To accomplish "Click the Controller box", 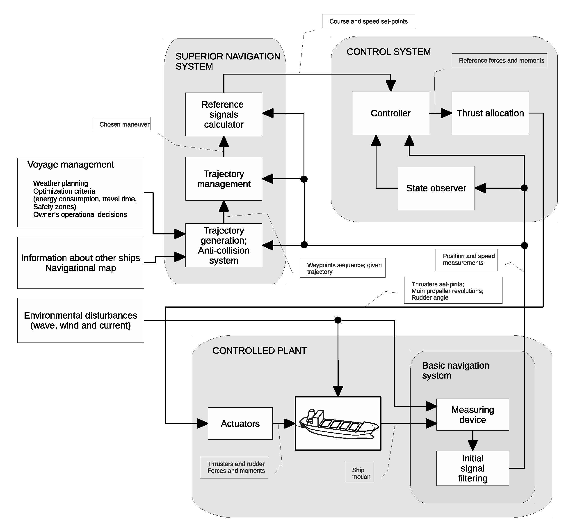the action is click(390, 113).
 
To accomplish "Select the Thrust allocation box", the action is click(490, 113).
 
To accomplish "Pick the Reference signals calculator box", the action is click(224, 114).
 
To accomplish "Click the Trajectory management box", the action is click(224, 179).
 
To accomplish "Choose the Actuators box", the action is click(240, 423).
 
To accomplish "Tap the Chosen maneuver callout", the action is click(121, 124).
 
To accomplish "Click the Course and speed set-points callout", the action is click(369, 21).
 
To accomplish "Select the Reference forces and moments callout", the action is click(499, 60).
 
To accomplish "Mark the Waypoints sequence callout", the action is click(343, 268).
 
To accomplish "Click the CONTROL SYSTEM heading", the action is click(389, 52).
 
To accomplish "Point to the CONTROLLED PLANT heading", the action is click(260, 351).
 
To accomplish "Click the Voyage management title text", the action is click(71, 165).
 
